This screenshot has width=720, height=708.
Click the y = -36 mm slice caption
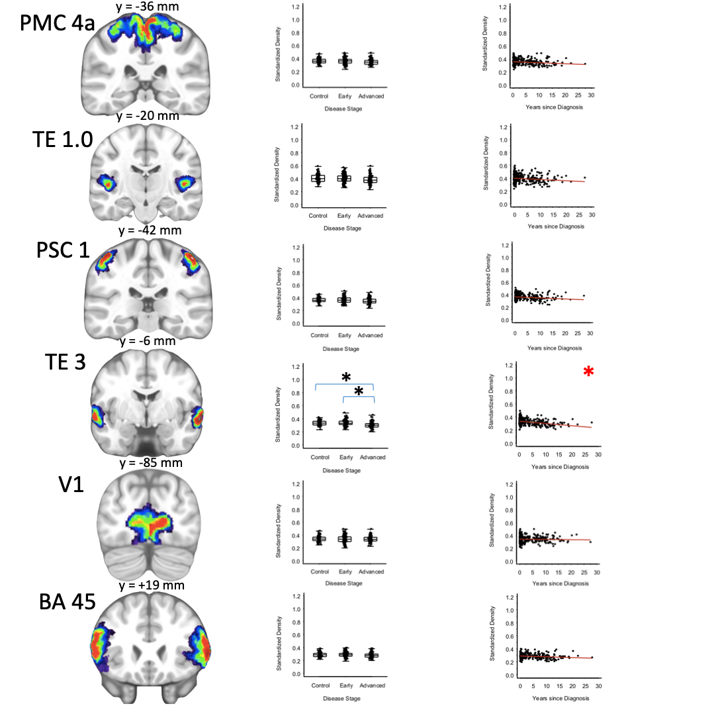point(147,7)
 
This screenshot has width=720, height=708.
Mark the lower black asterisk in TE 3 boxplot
point(359,392)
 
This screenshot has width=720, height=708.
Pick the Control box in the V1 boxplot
point(319,539)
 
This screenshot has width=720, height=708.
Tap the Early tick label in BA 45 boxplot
point(345,687)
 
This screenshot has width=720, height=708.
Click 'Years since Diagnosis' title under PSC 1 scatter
point(555,348)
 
